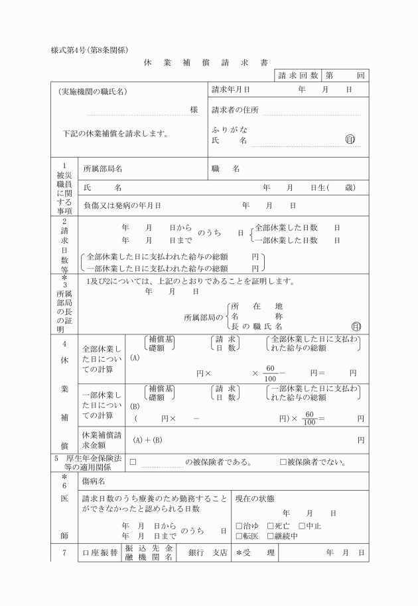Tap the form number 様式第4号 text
click(x=89, y=51)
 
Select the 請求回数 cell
click(x=298, y=76)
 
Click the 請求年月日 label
click(x=230, y=89)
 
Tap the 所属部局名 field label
click(x=102, y=169)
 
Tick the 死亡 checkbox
click(x=269, y=525)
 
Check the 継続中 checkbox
click(x=269, y=536)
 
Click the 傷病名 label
click(x=94, y=480)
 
